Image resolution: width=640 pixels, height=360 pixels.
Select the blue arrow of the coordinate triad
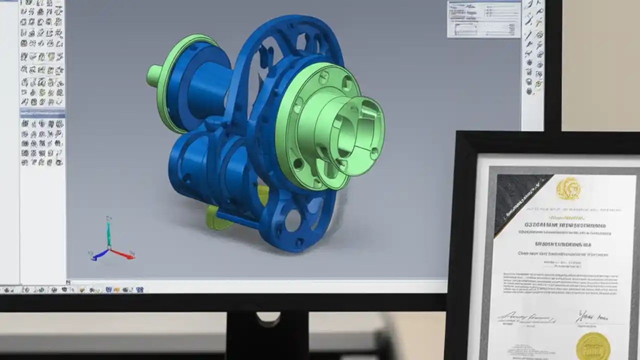[x=98, y=255]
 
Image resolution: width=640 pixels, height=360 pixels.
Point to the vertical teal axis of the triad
[x=108, y=232]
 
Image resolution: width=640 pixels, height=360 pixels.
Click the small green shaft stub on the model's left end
[x=153, y=75]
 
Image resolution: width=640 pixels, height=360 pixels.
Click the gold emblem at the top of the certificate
[x=568, y=189]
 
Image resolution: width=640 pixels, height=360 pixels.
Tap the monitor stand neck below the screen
[x=267, y=335]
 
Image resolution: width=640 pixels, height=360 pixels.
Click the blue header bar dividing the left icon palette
[x=42, y=113]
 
